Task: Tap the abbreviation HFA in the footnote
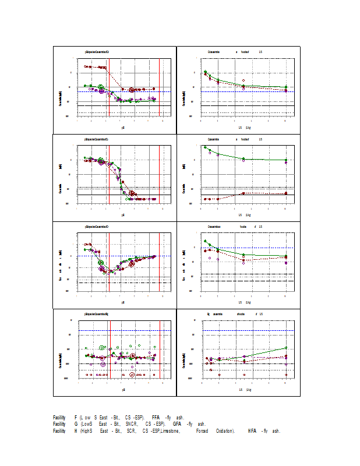point(252,431)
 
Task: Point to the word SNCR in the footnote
point(133,424)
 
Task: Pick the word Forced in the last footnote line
point(202,431)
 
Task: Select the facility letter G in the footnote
point(76,424)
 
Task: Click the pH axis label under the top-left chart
point(123,127)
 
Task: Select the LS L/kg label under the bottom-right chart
point(244,389)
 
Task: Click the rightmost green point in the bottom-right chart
point(286,348)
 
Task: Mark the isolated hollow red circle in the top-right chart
point(243,80)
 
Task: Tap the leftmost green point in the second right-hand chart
point(205,147)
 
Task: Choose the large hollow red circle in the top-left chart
point(132,90)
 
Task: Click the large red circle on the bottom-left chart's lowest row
point(132,375)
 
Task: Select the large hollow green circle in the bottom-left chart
point(102,348)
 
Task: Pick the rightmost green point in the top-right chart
point(286,87)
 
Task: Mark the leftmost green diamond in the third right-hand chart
point(205,241)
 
